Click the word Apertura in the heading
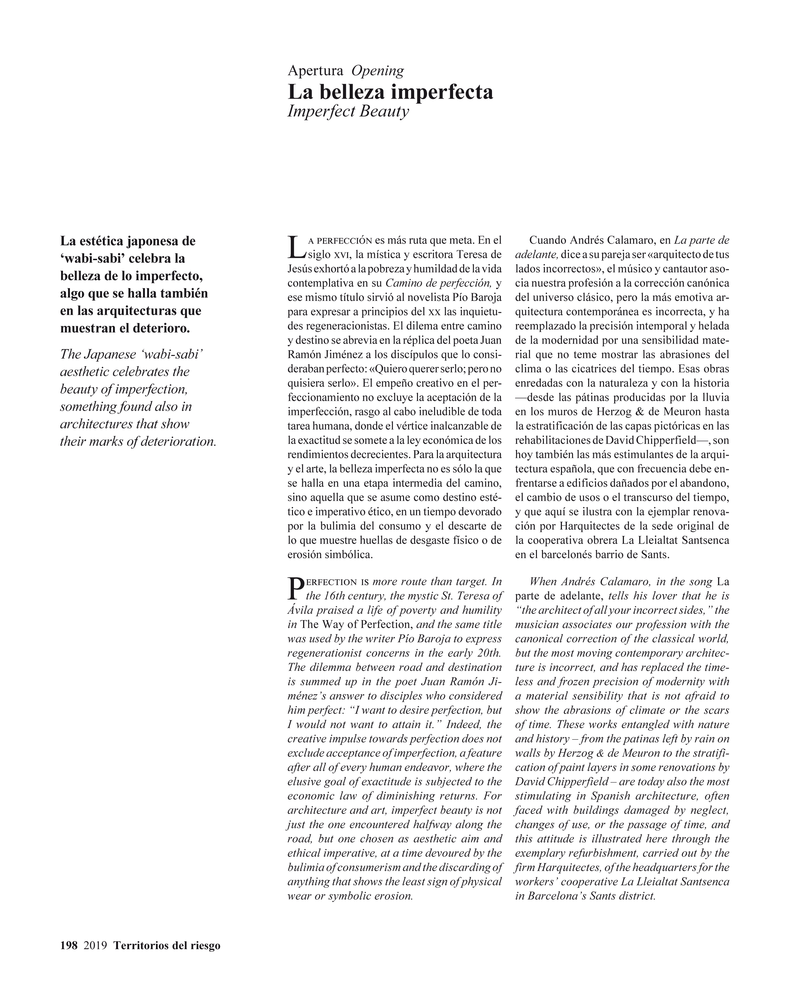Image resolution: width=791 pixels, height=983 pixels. [x=315, y=71]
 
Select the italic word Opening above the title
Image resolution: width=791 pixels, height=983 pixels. [x=377, y=71]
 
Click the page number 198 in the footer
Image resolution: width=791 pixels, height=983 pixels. [x=69, y=945]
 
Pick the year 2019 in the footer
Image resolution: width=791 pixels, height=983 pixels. [x=95, y=945]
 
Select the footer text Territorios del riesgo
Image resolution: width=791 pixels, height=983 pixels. [x=167, y=945]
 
